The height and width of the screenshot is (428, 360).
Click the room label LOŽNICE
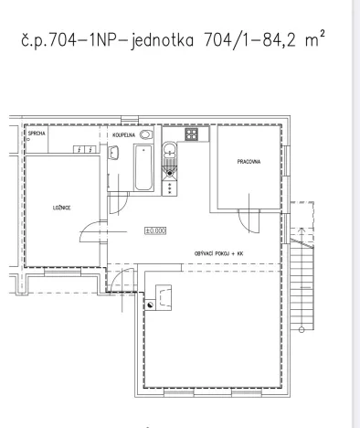click(x=62, y=209)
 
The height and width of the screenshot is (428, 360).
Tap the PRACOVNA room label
click(x=249, y=162)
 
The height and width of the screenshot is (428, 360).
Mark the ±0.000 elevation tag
click(x=154, y=231)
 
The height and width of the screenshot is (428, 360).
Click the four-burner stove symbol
click(x=193, y=134)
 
